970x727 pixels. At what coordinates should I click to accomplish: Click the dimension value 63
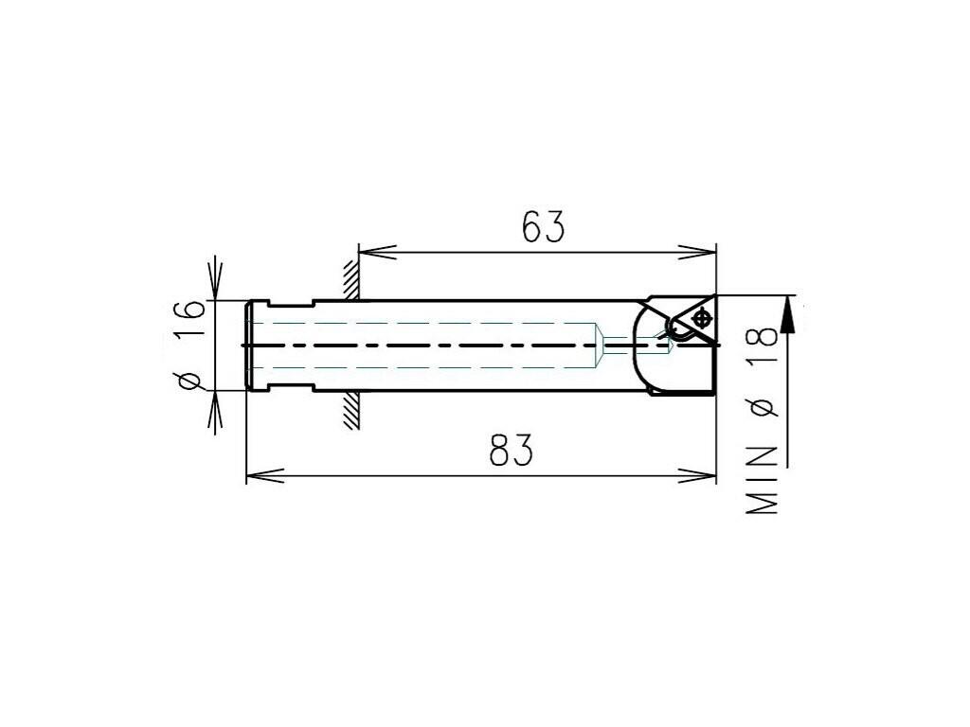pos(543,227)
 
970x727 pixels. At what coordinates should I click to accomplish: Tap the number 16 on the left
pos(189,319)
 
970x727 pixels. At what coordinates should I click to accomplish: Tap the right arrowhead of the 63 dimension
pos(697,252)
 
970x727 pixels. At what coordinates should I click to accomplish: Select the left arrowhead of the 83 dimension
pos(265,476)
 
